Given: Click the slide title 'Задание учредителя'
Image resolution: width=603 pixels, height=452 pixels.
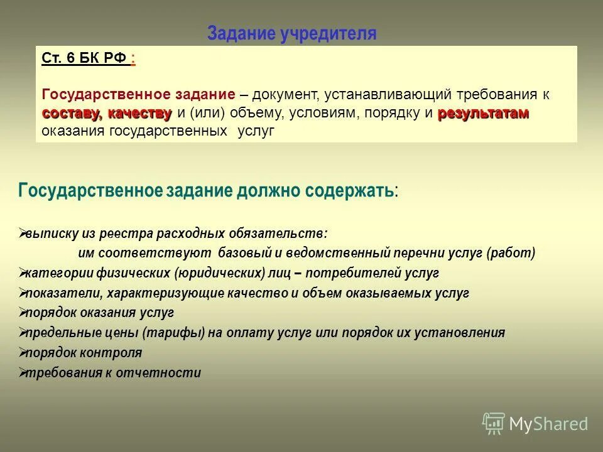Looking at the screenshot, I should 291,33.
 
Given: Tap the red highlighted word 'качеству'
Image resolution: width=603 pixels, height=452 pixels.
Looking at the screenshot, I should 139,114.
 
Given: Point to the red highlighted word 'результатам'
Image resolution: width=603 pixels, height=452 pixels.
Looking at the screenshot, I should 483,114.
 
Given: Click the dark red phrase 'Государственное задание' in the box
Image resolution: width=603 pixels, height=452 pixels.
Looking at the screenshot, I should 138,95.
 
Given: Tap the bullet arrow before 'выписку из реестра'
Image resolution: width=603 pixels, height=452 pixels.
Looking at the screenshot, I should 22,233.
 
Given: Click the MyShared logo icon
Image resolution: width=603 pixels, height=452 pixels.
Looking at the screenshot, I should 494,424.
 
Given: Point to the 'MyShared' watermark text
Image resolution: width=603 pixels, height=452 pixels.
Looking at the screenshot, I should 548,424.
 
